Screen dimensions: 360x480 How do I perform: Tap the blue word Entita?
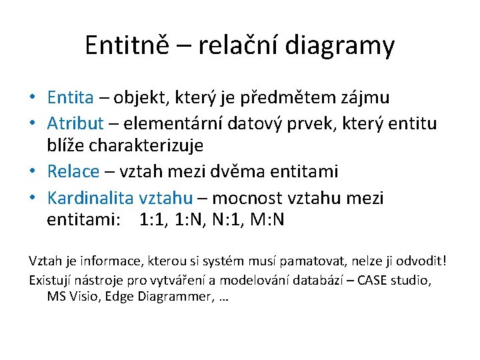[70, 98]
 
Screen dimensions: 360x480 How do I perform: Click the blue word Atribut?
[75, 123]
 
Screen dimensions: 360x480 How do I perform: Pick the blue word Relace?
[73, 171]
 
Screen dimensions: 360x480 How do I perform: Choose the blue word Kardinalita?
[91, 198]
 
